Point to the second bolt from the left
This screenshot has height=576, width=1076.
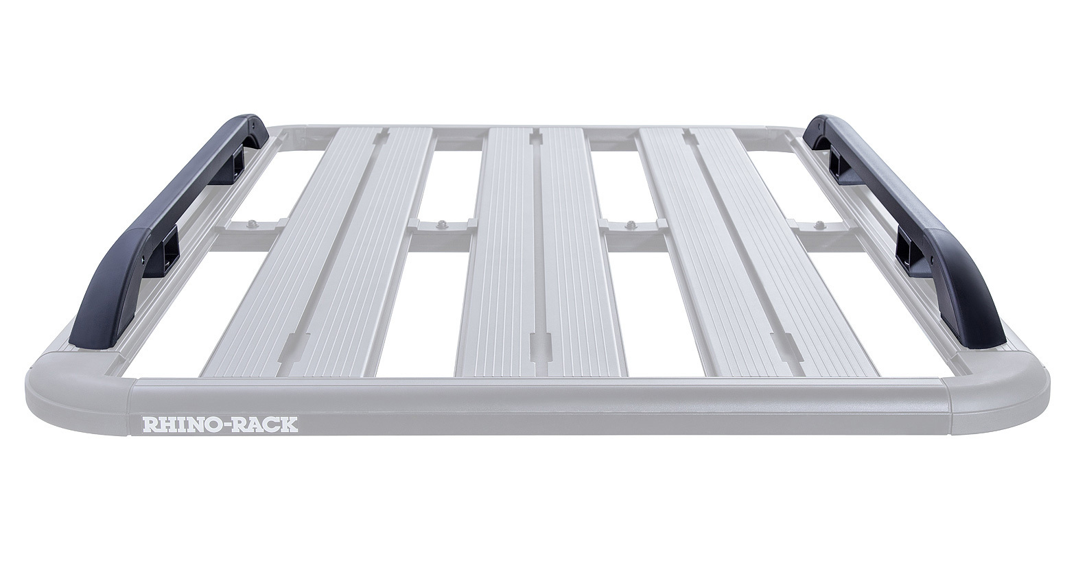(441, 224)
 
